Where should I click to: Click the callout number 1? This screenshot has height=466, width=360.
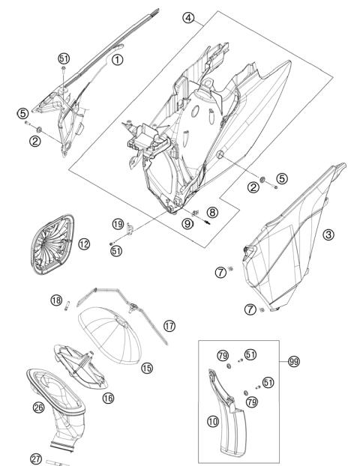tap(117, 60)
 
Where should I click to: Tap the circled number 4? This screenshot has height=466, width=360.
tap(188, 18)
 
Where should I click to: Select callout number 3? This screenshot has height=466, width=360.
tap(328, 234)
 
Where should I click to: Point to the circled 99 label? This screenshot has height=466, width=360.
tap(294, 362)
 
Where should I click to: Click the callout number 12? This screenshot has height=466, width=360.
tap(84, 244)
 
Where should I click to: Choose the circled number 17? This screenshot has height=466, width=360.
tap(169, 326)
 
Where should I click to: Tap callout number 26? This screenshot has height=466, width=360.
tap(38, 407)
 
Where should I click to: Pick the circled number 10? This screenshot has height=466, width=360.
tap(213, 421)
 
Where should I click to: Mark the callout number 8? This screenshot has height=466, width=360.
tap(212, 212)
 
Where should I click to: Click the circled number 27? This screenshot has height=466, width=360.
tap(36, 459)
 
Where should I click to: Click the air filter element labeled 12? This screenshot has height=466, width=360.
tap(52, 244)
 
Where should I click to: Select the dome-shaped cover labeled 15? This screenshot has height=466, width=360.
tap(109, 336)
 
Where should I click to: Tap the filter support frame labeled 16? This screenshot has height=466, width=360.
tap(81, 367)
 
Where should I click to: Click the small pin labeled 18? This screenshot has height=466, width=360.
tap(67, 306)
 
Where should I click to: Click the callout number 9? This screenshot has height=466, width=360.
tap(187, 223)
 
